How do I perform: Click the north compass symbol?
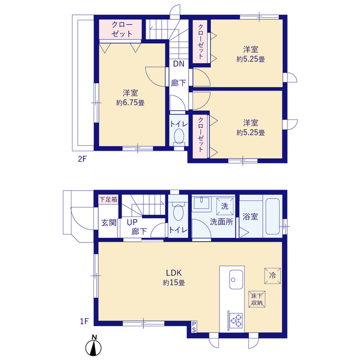(93, 346)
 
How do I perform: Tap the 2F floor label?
(82, 159)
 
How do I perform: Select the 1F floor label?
(84, 321)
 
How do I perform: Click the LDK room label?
(174, 273)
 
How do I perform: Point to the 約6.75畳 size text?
(130, 102)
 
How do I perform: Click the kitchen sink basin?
(236, 280)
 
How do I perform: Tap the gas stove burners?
(236, 320)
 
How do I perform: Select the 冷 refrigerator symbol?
(272, 276)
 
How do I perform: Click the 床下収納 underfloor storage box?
(257, 299)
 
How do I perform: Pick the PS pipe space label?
(194, 327)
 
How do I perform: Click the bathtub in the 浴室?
(272, 216)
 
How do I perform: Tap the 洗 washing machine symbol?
(225, 206)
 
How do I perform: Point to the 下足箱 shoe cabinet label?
(109, 199)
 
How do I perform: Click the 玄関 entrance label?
(109, 223)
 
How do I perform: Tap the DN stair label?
(179, 64)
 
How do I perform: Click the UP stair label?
(132, 222)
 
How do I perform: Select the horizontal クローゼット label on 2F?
(122, 29)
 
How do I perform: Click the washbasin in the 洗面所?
(201, 202)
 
